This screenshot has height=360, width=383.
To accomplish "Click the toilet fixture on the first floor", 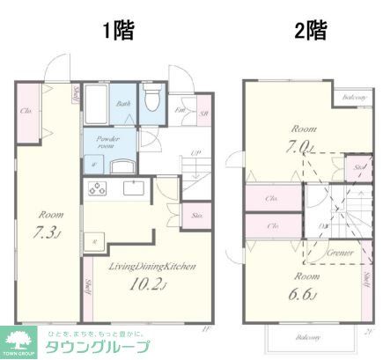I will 151,99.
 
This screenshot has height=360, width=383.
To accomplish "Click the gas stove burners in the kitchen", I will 95,188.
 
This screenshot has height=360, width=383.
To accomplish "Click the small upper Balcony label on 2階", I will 355,97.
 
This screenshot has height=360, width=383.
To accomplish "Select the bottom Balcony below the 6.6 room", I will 309,337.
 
